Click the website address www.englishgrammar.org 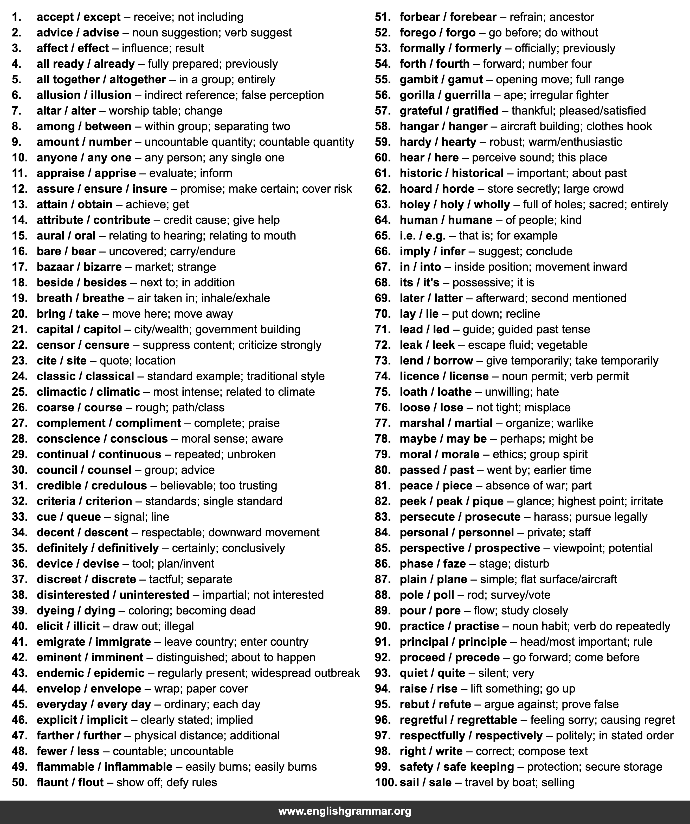click(345, 811)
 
